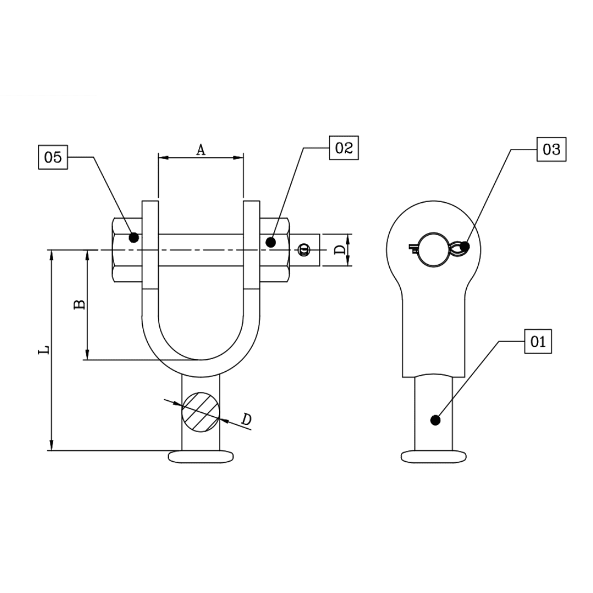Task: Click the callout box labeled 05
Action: pos(53,158)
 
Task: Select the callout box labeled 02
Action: pos(344,148)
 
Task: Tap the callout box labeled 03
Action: pos(551,149)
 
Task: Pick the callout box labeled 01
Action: pos(538,342)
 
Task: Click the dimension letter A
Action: pos(201,149)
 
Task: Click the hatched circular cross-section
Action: pos(200,411)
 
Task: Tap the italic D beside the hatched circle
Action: pos(247,419)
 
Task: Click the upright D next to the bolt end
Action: pos(340,250)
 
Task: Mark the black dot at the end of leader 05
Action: pos(133,238)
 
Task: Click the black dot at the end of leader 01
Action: pos(435,420)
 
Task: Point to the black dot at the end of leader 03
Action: pos(465,247)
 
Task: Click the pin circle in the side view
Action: pos(433,250)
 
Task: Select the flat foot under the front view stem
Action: pos(201,457)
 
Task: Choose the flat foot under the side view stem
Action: pos(434,456)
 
